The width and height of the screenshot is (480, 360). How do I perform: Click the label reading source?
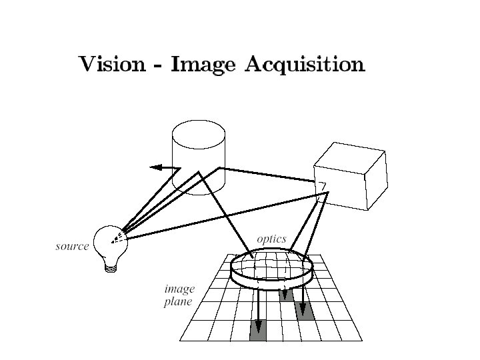72,246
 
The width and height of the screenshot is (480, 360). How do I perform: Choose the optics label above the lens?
271,239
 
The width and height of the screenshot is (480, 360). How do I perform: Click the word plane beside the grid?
178,302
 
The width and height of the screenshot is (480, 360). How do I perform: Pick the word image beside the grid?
179,289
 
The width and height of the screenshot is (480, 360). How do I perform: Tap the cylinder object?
198,160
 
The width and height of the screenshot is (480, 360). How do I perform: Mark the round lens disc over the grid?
271,269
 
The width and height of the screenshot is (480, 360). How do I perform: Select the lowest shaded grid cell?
258,330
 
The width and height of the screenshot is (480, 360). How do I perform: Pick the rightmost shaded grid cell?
305,312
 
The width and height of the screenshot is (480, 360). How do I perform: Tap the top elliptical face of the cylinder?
198,131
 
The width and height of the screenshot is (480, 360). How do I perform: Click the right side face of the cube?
375,180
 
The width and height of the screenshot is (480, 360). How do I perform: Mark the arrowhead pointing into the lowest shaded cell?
258,327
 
